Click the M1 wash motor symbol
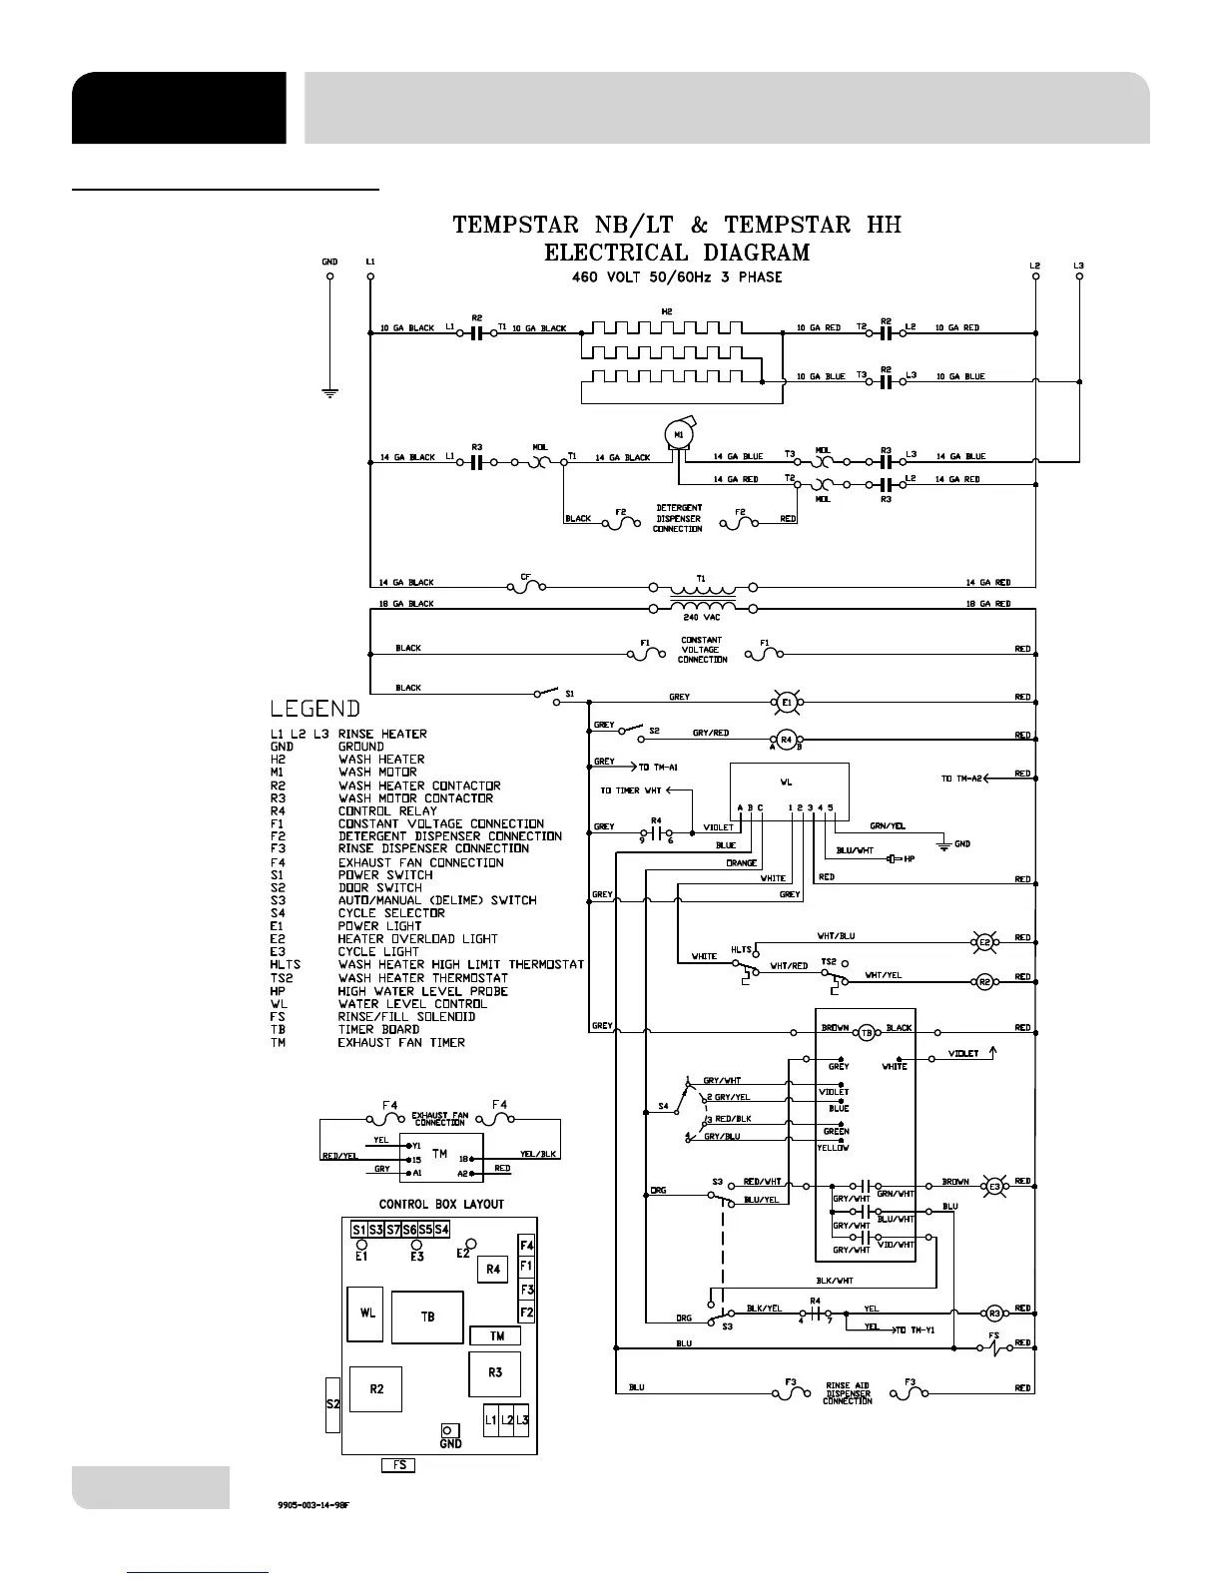pyautogui.click(x=679, y=434)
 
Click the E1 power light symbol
pyautogui.click(x=786, y=703)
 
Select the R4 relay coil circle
pyautogui.click(x=786, y=740)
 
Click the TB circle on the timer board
pyautogui.click(x=867, y=1032)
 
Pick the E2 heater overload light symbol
pyautogui.click(x=984, y=941)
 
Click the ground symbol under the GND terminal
pyautogui.click(x=329, y=392)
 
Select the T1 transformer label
pyautogui.click(x=701, y=578)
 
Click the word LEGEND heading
pyautogui.click(x=314, y=709)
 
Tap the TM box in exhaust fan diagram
pyautogui.click(x=440, y=1154)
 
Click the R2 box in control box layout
pyautogui.click(x=376, y=1388)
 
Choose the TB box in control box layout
pyautogui.click(x=427, y=1317)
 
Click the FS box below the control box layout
pyautogui.click(x=398, y=1465)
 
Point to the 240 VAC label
pyautogui.click(x=703, y=618)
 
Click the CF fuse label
pyautogui.click(x=525, y=577)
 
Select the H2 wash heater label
pyautogui.click(x=667, y=312)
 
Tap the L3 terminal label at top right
pyautogui.click(x=1078, y=265)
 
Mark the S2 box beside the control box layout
pyautogui.click(x=333, y=1403)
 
